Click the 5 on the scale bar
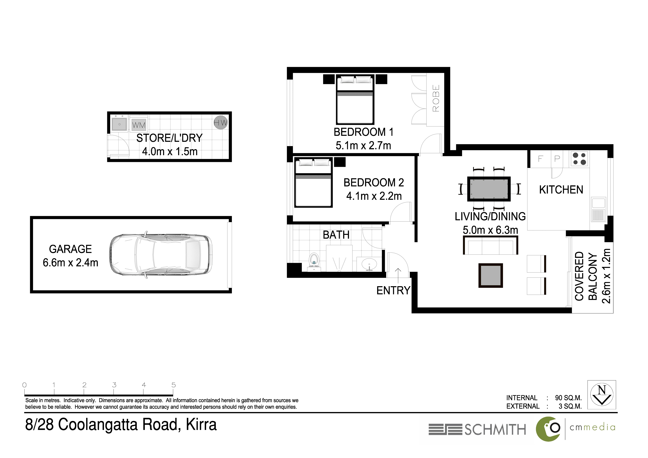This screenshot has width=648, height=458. click(174, 385)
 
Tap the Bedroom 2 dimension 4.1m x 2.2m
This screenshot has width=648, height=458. click(374, 196)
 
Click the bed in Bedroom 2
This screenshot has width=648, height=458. click(313, 182)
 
